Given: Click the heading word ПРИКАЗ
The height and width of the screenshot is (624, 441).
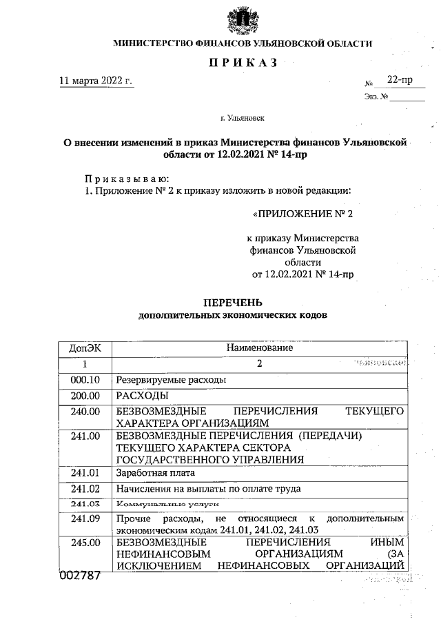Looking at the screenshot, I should [242, 63].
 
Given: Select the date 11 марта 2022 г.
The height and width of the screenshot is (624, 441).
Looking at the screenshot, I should [96, 81].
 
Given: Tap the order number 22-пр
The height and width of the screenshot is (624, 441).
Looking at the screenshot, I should [400, 80].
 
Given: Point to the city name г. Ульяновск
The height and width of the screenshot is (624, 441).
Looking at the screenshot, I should [243, 119].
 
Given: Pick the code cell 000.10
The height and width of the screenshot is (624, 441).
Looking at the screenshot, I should [85, 379].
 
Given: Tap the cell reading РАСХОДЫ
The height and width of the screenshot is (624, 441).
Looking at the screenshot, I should [143, 395].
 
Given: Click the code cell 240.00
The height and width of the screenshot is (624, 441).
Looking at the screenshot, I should [85, 412].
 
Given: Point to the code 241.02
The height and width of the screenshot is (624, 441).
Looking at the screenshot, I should [85, 489].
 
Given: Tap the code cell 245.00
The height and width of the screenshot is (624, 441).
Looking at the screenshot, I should [85, 543].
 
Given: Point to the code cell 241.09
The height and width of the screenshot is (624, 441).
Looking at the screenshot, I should [85, 519].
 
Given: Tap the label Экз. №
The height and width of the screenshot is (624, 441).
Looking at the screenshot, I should [376, 97].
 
